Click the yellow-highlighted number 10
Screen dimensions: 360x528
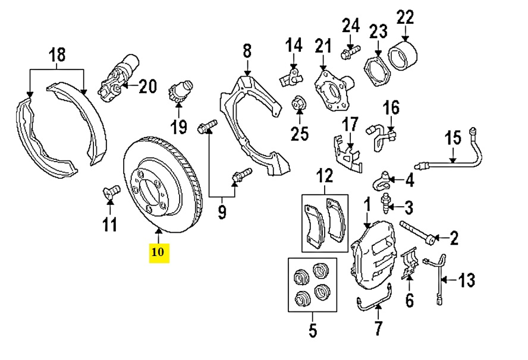click(x=159, y=252)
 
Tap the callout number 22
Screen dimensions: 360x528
click(x=405, y=18)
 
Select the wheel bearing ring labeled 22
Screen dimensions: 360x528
click(x=402, y=55)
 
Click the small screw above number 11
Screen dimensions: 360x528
click(x=109, y=191)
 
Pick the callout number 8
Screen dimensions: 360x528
click(x=247, y=51)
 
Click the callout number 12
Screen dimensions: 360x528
click(x=325, y=175)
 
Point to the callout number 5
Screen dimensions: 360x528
click(x=313, y=329)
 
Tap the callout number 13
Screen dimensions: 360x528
click(x=467, y=279)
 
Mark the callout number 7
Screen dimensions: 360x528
click(x=379, y=328)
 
